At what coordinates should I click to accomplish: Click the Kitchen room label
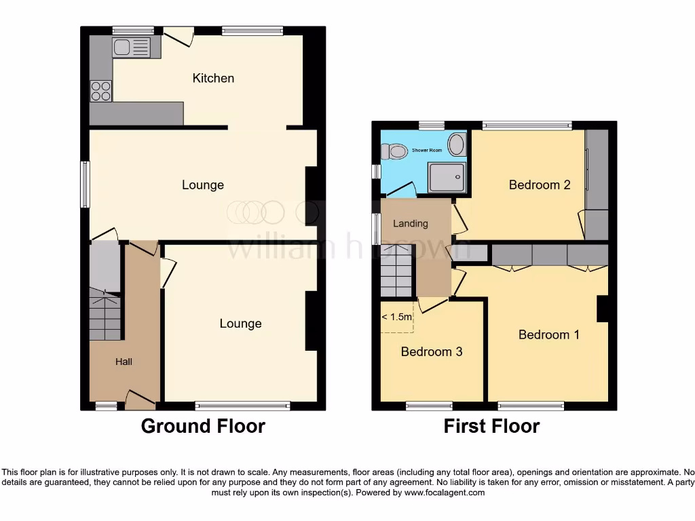tap(213, 78)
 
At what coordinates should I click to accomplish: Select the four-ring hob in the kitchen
tap(101, 91)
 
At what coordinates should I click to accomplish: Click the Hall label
tap(124, 362)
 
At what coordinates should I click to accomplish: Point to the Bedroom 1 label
tap(548, 334)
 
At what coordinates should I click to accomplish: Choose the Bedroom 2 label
tap(540, 185)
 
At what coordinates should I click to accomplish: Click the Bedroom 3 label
tap(432, 351)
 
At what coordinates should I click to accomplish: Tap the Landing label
tap(411, 223)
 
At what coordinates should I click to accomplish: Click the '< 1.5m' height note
tap(396, 317)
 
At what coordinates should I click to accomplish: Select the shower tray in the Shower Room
tap(447, 176)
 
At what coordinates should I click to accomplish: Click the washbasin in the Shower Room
tap(458, 144)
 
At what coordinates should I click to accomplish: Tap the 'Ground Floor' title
tap(203, 426)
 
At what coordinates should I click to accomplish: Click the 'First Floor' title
tap(491, 426)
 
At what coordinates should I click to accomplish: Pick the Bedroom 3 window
tap(429, 406)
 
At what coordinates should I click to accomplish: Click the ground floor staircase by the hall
tap(105, 315)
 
